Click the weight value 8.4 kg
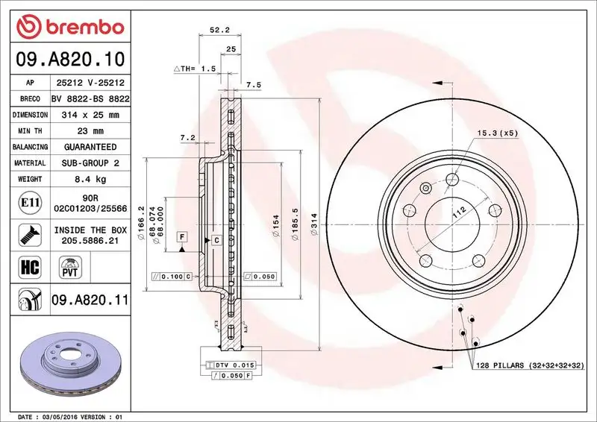coord(90,179)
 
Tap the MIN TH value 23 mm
coord(90,131)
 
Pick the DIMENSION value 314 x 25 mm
coord(90,116)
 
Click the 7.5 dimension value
coord(253,86)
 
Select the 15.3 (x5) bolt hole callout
coord(497,133)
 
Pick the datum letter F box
coord(181,236)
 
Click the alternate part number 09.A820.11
coord(90,300)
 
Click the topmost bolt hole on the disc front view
coord(451,178)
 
